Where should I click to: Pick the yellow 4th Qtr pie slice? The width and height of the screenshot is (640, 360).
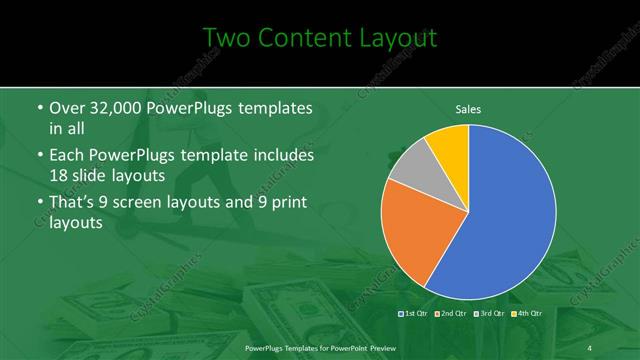450,145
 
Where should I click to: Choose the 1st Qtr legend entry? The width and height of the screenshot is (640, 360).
414,314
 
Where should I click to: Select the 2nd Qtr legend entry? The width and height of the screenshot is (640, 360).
451,314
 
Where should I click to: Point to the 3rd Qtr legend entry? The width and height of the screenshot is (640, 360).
489,314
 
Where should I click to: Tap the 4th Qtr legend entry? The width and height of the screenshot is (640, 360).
526,314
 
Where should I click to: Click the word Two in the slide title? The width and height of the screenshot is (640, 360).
227,39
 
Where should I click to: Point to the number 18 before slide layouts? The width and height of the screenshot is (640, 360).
59,175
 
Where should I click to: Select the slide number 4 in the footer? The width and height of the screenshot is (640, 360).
590,346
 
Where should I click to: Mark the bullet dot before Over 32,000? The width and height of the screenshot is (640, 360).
38,108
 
